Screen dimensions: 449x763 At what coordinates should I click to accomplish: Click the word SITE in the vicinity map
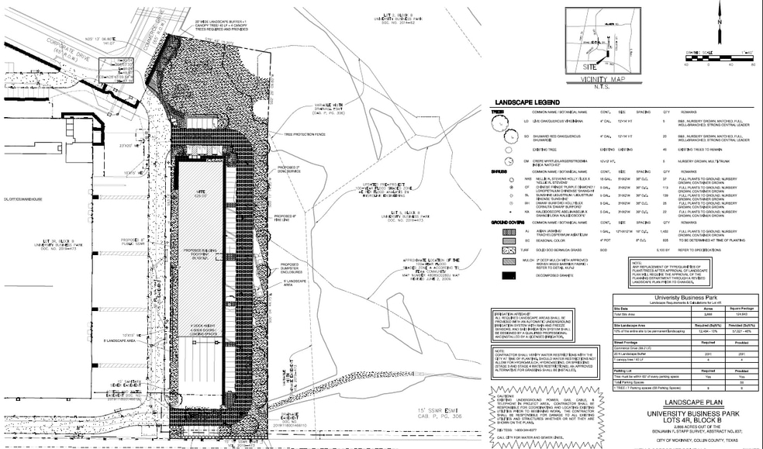592,67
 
